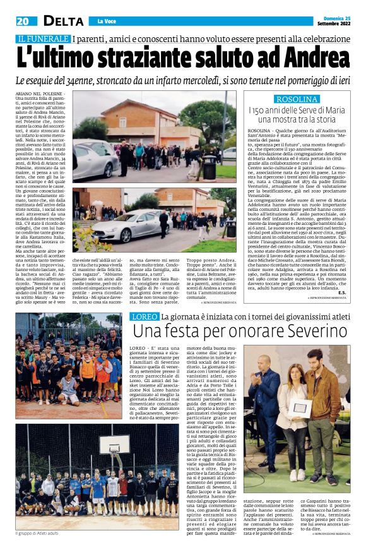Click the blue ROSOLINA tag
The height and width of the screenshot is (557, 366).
(x=297, y=99)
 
